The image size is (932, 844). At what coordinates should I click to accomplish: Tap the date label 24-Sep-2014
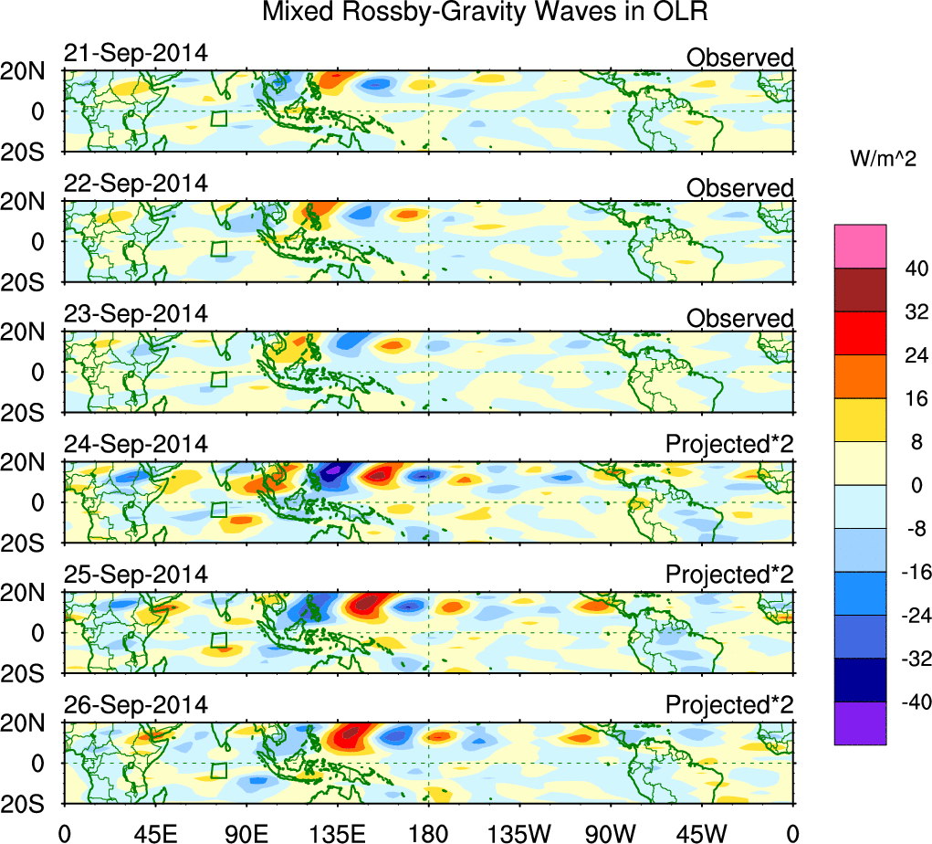(x=135, y=445)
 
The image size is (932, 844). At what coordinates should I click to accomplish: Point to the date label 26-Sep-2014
(x=135, y=705)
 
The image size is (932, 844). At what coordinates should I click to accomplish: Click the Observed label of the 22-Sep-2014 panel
(x=739, y=188)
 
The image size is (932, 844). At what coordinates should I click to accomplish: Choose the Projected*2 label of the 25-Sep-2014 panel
(x=729, y=575)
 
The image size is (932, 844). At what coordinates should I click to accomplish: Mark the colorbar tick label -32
(x=911, y=659)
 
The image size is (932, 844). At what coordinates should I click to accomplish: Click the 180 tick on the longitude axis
(x=428, y=831)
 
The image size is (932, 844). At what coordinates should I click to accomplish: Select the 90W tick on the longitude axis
(x=611, y=831)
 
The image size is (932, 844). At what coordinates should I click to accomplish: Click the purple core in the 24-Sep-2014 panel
(x=333, y=469)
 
